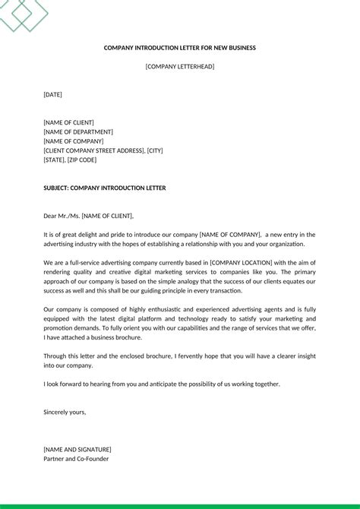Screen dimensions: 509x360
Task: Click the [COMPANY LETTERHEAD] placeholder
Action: coord(180,67)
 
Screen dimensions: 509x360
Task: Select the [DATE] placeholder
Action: coord(52,95)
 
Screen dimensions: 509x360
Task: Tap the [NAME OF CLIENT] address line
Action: coord(68,122)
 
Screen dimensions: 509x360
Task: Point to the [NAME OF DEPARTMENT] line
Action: coord(78,132)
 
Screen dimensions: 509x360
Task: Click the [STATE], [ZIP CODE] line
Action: coord(70,160)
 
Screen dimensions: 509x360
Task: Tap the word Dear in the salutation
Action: coord(50,216)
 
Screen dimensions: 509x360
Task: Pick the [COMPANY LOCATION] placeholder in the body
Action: coord(245,263)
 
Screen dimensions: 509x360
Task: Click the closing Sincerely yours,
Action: coord(65,412)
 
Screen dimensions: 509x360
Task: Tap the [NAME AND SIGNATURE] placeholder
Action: coord(77,449)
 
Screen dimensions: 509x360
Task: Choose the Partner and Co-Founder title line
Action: coord(76,459)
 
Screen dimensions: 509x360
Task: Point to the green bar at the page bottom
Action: coord(180,506)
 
